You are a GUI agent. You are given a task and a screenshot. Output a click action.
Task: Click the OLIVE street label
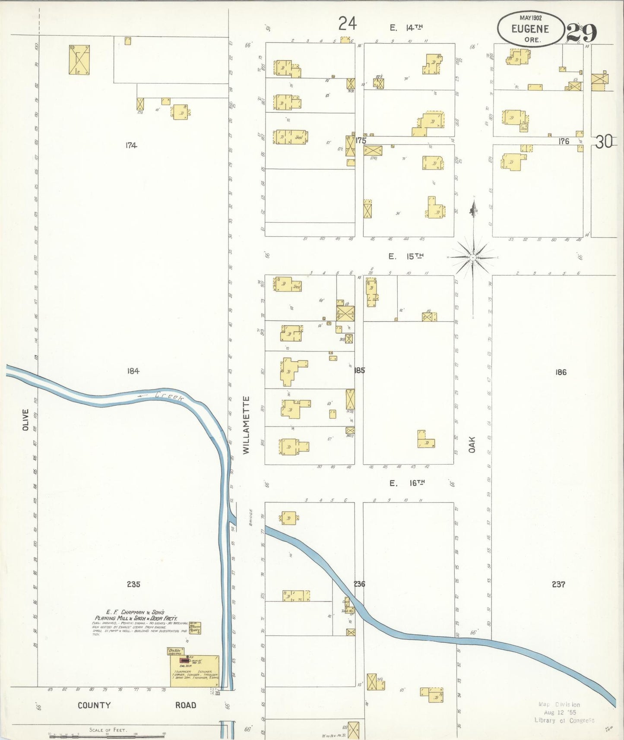coord(25,420)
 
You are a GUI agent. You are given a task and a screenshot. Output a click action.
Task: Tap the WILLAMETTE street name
coord(246,425)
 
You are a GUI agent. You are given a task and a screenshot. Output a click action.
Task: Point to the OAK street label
coord(472,445)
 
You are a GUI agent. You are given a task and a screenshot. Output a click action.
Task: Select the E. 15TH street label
coord(406,256)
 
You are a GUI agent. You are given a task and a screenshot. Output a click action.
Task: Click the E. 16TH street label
coord(407,483)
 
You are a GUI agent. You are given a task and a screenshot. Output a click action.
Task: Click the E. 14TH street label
coord(406,28)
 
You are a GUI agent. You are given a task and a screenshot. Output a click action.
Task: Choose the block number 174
coord(131,145)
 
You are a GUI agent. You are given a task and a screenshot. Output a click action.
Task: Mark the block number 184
coord(133,371)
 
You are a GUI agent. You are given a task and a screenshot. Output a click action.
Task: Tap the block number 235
coord(133,584)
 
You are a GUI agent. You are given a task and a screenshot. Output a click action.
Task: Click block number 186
coord(561,372)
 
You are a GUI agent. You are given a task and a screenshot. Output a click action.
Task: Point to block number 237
coord(558,584)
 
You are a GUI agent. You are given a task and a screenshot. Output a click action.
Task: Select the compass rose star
coord(473,257)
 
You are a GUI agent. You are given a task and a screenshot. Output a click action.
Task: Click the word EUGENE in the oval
coord(530,29)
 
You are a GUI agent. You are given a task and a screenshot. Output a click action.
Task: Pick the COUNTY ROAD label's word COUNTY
coord(94,705)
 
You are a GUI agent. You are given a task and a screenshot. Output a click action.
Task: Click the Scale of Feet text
coord(108,730)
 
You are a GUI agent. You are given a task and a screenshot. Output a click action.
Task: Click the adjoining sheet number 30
coord(604,142)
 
